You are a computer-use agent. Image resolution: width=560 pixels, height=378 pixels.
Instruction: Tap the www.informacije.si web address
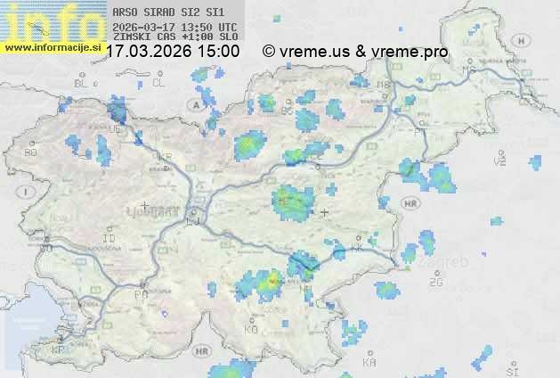[52, 47]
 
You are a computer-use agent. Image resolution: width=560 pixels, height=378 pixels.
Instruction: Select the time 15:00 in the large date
[217, 52]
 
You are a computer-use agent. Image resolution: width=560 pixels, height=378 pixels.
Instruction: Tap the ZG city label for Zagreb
[435, 283]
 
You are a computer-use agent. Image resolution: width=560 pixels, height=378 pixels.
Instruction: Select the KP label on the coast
[58, 351]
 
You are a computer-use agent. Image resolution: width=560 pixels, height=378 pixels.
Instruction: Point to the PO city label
[140, 294]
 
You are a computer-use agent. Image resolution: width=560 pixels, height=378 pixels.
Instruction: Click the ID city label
[110, 239]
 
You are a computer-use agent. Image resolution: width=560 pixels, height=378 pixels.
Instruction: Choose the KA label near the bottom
[369, 363]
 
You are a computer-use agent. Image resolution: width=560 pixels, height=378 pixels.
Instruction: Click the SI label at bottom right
[511, 369]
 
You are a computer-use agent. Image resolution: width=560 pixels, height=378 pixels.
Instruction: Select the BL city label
[82, 83]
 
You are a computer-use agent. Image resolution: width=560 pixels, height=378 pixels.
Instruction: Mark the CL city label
[158, 83]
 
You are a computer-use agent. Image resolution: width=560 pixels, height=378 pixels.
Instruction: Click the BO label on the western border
[30, 153]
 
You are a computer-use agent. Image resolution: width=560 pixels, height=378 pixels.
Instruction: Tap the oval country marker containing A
[194, 104]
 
